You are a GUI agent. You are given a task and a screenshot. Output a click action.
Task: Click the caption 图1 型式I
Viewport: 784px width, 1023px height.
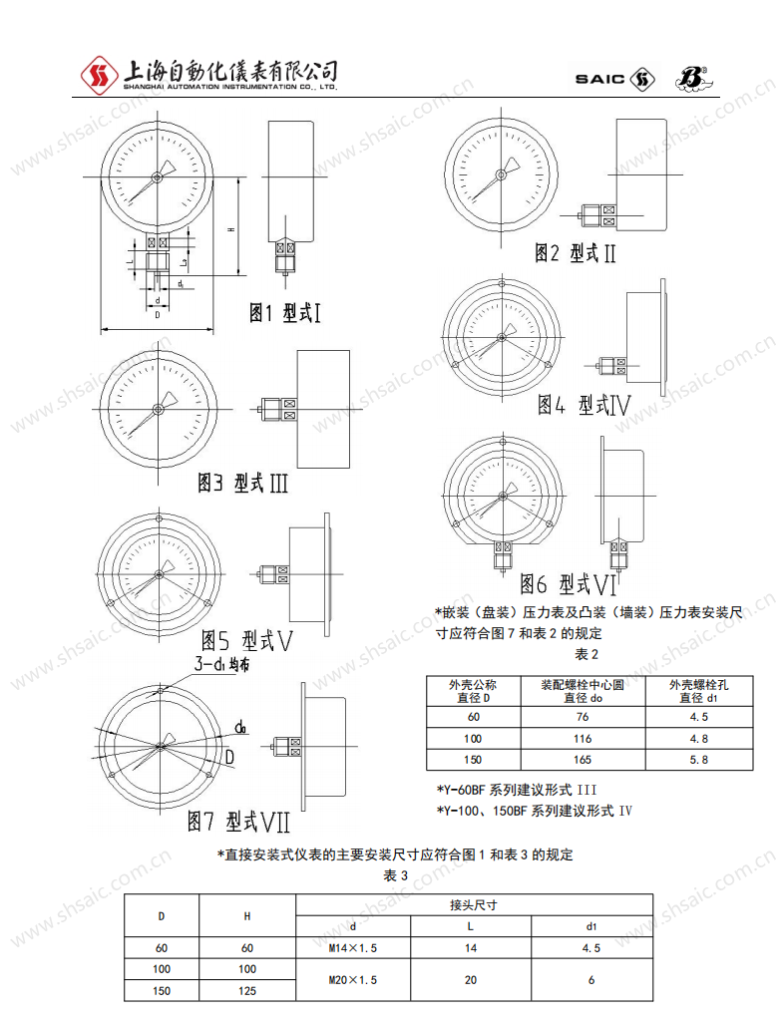tap(284, 313)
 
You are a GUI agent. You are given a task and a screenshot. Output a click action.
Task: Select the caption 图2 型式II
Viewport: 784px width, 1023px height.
tap(576, 252)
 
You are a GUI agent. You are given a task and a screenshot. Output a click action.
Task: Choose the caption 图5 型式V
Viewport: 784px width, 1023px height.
tap(247, 638)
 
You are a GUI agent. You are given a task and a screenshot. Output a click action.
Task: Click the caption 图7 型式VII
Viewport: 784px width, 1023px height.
tap(239, 821)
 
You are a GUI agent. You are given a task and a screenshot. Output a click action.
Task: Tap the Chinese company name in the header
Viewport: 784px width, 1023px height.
tap(228, 71)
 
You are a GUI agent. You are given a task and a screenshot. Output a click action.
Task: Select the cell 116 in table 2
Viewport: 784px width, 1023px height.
tap(583, 738)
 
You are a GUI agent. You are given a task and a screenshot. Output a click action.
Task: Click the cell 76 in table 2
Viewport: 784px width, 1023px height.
tap(583, 717)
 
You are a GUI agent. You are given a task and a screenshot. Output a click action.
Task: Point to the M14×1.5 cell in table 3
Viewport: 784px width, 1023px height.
tap(352, 948)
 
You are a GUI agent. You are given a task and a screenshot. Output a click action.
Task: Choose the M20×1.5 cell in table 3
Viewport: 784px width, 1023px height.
tap(352, 980)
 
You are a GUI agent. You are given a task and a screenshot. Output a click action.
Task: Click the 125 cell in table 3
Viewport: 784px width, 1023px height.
tap(247, 991)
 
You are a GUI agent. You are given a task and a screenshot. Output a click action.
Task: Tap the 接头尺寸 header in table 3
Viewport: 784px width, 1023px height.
tap(474, 905)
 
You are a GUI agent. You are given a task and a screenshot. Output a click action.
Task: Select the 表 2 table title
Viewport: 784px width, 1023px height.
tap(587, 654)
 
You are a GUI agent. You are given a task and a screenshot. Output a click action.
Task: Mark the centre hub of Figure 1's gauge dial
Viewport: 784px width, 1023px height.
tap(157, 178)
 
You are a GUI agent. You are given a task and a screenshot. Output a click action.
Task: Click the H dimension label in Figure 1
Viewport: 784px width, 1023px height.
tap(230, 229)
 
